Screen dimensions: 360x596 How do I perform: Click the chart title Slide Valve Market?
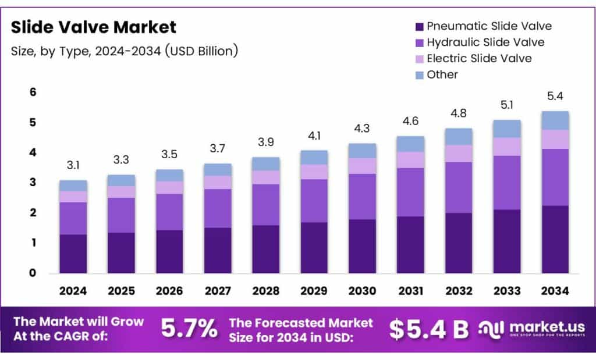coord(94,27)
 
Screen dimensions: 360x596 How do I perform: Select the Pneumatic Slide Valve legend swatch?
coord(418,27)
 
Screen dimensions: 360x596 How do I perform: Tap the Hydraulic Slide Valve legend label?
coord(485,42)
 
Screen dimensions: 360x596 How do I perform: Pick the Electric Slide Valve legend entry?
coord(478,58)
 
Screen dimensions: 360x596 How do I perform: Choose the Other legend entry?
coord(442,74)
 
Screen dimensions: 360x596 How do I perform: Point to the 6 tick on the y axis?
coord(33,92)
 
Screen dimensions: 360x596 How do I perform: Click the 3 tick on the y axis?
coord(33,183)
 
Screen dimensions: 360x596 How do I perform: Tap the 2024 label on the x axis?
coord(73,290)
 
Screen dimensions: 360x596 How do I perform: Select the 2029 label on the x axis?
coord(314,290)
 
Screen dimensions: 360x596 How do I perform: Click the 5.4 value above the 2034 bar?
coord(556,96)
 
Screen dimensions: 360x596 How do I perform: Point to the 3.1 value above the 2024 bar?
coord(73,166)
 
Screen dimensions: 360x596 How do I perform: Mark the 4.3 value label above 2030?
coord(363,129)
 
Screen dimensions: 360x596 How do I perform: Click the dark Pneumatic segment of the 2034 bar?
coord(555,239)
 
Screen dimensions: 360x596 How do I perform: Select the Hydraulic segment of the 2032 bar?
coord(459,187)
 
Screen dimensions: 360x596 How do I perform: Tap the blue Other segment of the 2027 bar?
coord(218,169)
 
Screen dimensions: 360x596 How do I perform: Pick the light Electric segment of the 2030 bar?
coord(363,166)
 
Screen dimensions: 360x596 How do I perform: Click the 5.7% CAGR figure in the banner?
coord(189,329)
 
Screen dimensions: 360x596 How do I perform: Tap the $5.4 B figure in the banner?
coord(429,329)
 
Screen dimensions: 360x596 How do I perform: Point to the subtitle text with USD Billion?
coord(125,51)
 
